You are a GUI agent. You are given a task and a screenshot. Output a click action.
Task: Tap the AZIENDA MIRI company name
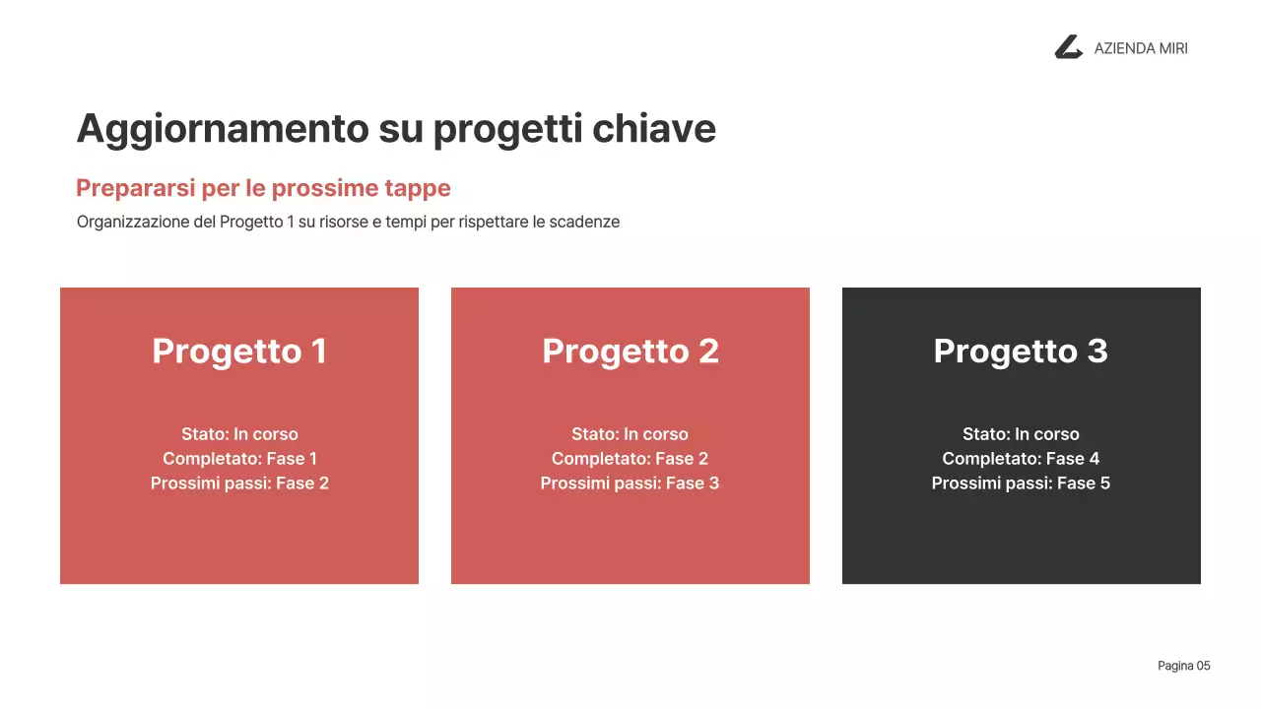1141,48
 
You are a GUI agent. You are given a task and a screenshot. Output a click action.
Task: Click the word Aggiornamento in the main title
222,129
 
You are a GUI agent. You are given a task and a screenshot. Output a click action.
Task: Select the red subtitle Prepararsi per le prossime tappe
263,188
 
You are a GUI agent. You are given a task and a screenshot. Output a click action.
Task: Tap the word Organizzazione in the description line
133,222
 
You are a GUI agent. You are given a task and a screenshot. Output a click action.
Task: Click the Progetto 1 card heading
239,351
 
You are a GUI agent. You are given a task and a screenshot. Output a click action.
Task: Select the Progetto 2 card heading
630,351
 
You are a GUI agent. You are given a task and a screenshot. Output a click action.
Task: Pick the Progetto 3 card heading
1021,351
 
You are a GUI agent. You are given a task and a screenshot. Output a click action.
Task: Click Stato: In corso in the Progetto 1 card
239,434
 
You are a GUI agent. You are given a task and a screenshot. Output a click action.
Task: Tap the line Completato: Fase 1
239,459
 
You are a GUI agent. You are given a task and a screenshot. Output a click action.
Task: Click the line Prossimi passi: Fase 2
239,483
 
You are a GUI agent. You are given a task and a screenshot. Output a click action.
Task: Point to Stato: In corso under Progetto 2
630,434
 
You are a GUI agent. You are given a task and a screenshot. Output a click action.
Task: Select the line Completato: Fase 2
630,459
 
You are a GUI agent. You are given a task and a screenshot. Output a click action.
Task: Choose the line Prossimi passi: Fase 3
630,483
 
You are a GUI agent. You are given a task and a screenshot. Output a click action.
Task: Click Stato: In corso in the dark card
1021,434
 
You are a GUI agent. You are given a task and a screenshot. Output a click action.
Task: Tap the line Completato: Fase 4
1021,459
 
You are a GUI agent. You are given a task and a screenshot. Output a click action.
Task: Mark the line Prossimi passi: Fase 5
1021,483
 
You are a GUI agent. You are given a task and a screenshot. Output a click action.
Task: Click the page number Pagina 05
1183,667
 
